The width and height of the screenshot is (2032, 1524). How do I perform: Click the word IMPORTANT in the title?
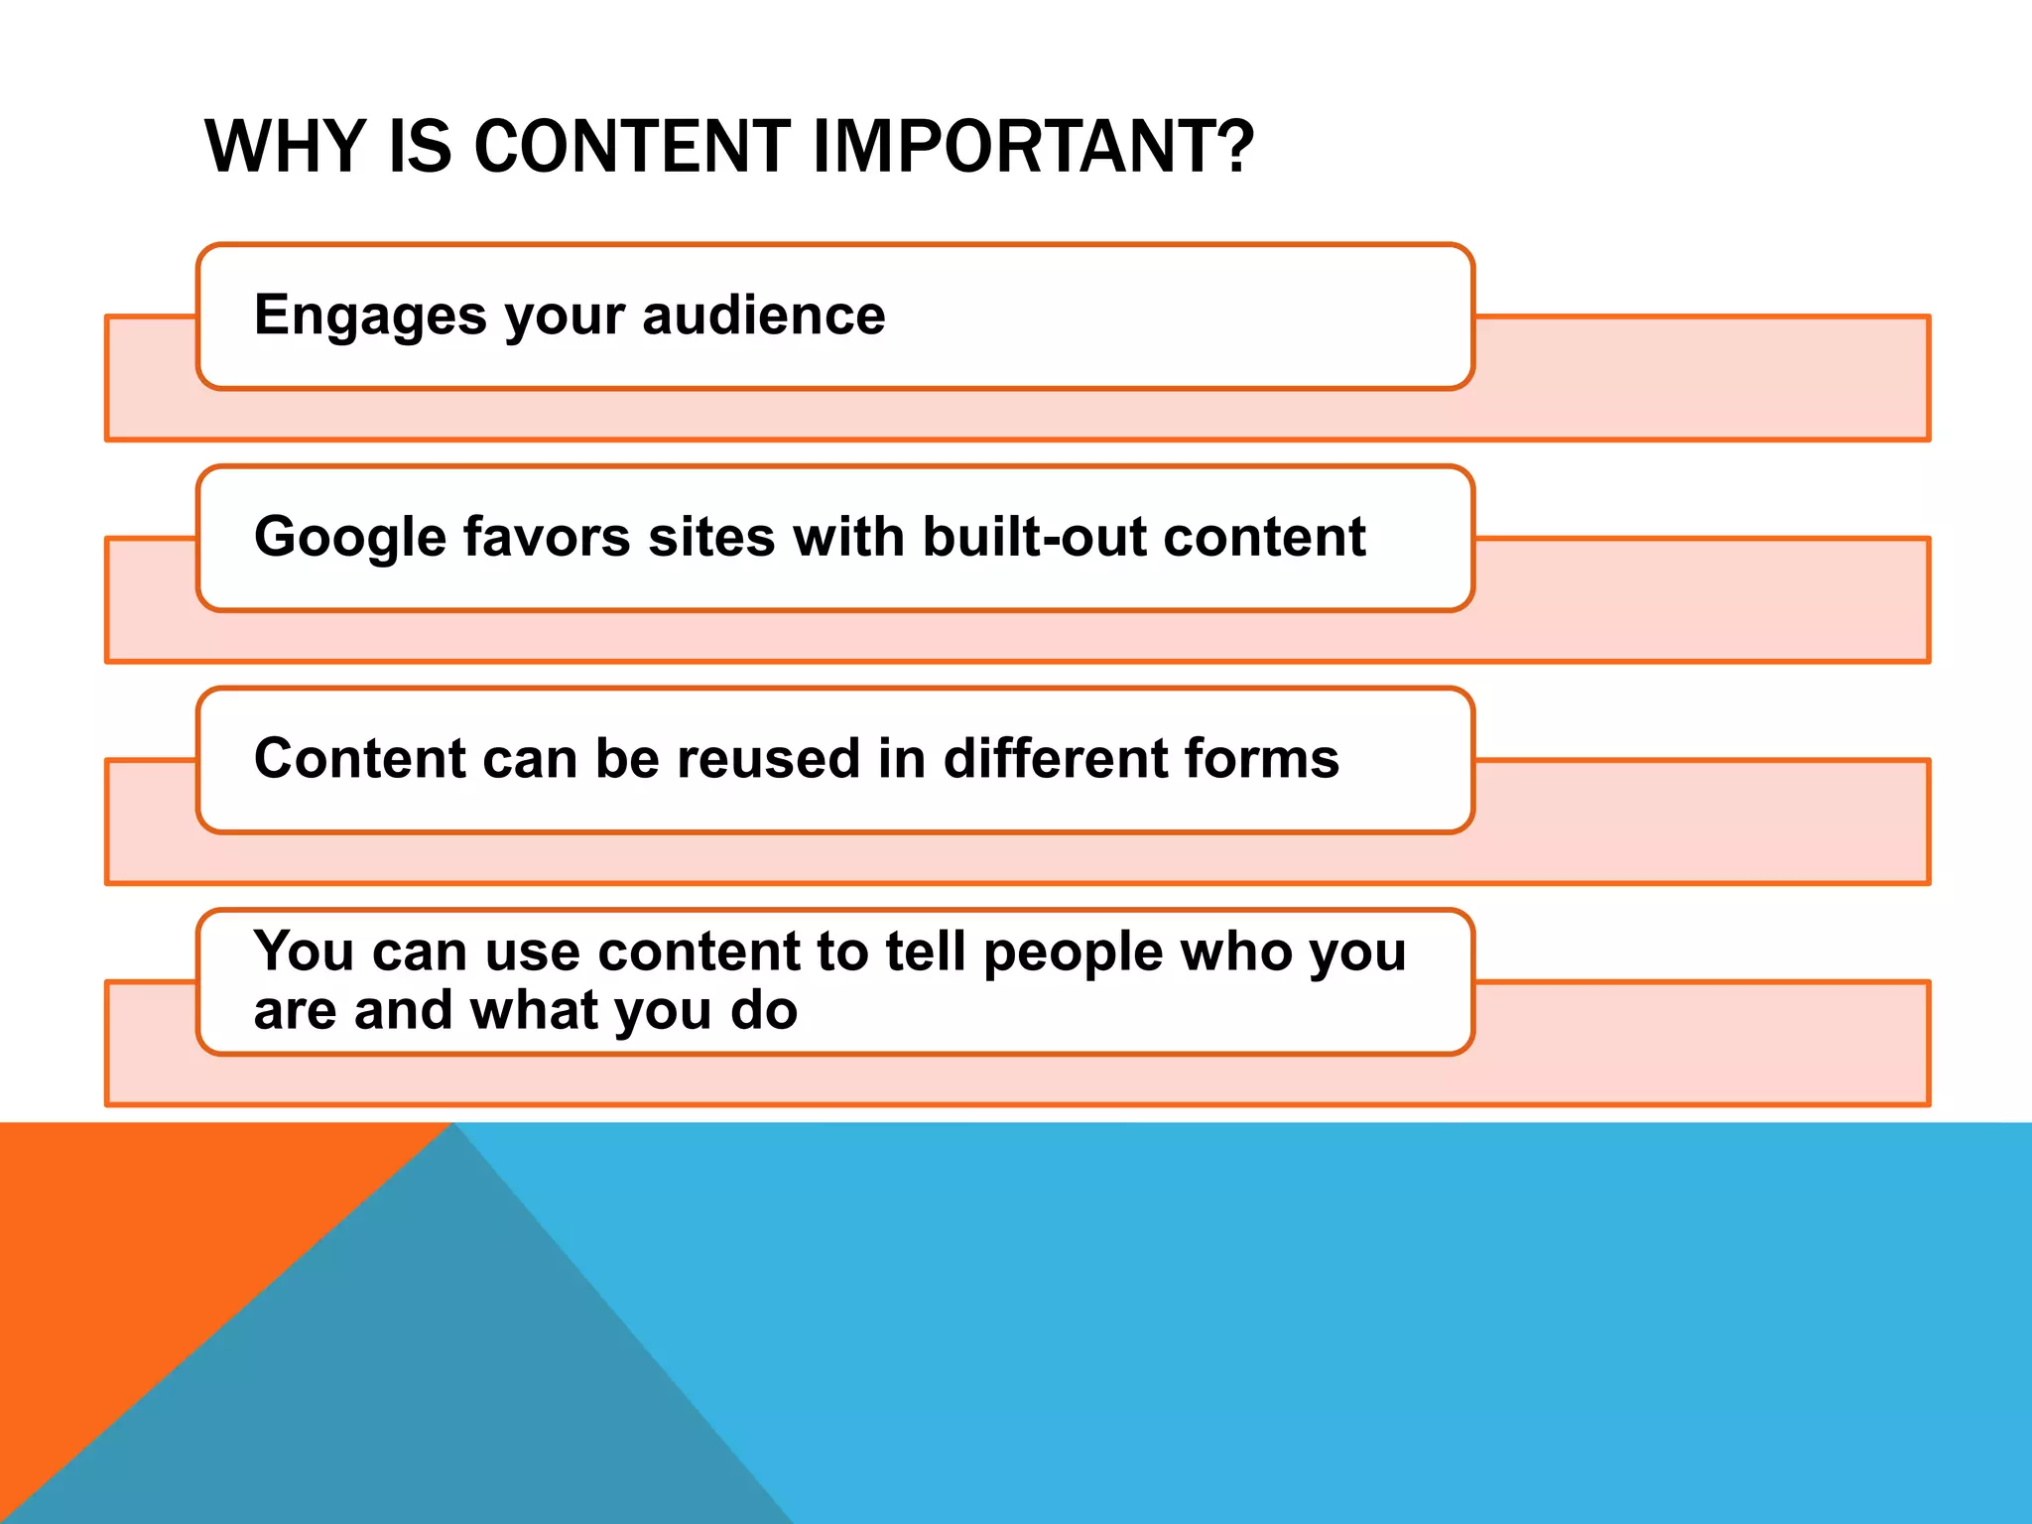coord(1017,147)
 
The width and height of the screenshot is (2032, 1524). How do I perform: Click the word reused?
coord(775,759)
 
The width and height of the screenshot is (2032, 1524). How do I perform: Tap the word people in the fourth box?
coord(1073,952)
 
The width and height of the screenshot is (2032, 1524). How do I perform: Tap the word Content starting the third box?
coord(359,759)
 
